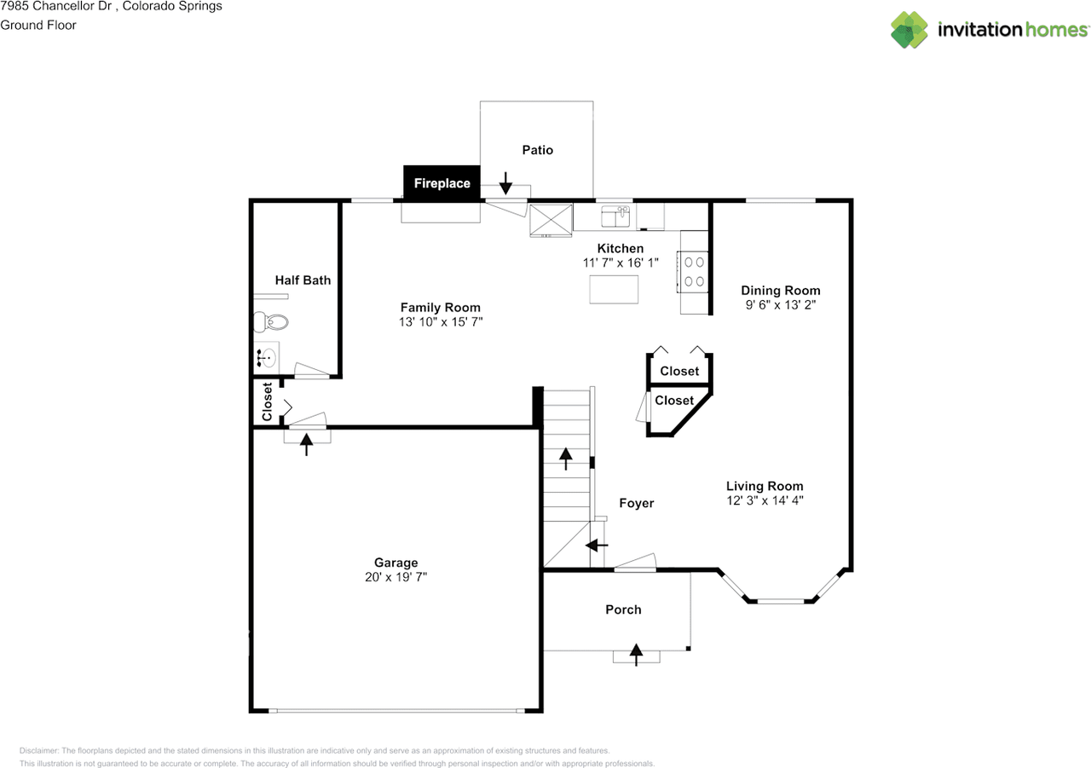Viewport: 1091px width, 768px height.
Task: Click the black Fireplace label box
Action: (442, 183)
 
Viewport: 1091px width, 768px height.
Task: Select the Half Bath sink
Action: (268, 357)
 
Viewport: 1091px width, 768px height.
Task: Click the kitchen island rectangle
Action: (615, 290)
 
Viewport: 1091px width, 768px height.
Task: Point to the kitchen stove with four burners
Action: (694, 271)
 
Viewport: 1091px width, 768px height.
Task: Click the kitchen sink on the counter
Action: (615, 217)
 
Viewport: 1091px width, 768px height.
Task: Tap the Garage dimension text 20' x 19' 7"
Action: (395, 577)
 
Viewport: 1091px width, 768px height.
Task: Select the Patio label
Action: (537, 150)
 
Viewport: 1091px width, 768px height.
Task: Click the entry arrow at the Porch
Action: (636, 653)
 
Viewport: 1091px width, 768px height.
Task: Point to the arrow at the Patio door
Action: (505, 182)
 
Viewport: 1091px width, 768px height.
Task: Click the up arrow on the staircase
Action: (566, 458)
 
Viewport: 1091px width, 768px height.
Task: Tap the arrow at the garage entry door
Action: (306, 442)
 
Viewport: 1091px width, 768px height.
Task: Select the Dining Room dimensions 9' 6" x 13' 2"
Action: (779, 304)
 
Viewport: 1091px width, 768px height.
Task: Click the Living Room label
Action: (764, 486)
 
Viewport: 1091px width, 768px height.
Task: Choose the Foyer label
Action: (636, 503)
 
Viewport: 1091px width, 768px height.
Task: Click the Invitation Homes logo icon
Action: (909, 30)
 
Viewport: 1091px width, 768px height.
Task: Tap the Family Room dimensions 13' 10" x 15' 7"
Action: (440, 321)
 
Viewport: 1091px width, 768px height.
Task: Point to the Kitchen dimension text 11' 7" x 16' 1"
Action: (620, 263)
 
